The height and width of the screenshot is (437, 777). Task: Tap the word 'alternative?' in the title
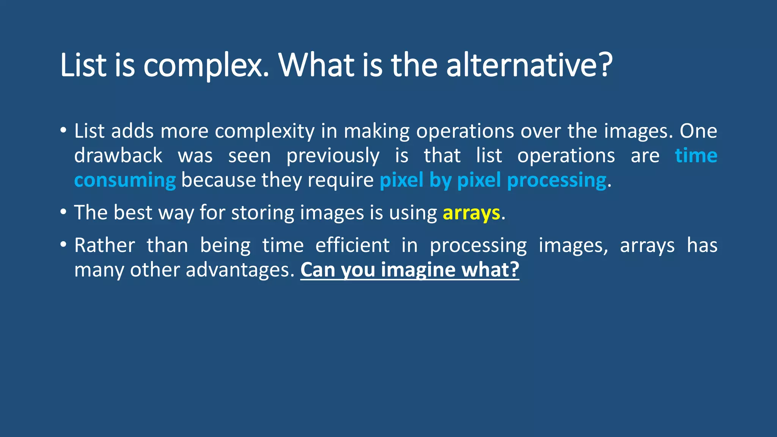[529, 65]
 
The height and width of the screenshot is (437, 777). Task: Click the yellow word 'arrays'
[471, 213]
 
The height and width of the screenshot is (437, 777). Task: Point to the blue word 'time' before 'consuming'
[696, 156]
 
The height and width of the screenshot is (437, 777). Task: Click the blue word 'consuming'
[125, 180]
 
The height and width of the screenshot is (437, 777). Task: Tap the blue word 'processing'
[557, 180]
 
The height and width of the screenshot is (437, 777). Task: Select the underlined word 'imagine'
[418, 270]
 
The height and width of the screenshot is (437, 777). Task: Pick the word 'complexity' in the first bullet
[265, 131]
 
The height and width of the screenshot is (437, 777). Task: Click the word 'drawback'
[118, 156]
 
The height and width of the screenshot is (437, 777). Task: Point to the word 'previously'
[333, 156]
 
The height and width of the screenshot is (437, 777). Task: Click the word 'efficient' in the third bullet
[352, 245]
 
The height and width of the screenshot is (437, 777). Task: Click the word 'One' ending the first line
[698, 131]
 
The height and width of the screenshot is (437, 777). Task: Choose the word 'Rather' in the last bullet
[104, 245]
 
